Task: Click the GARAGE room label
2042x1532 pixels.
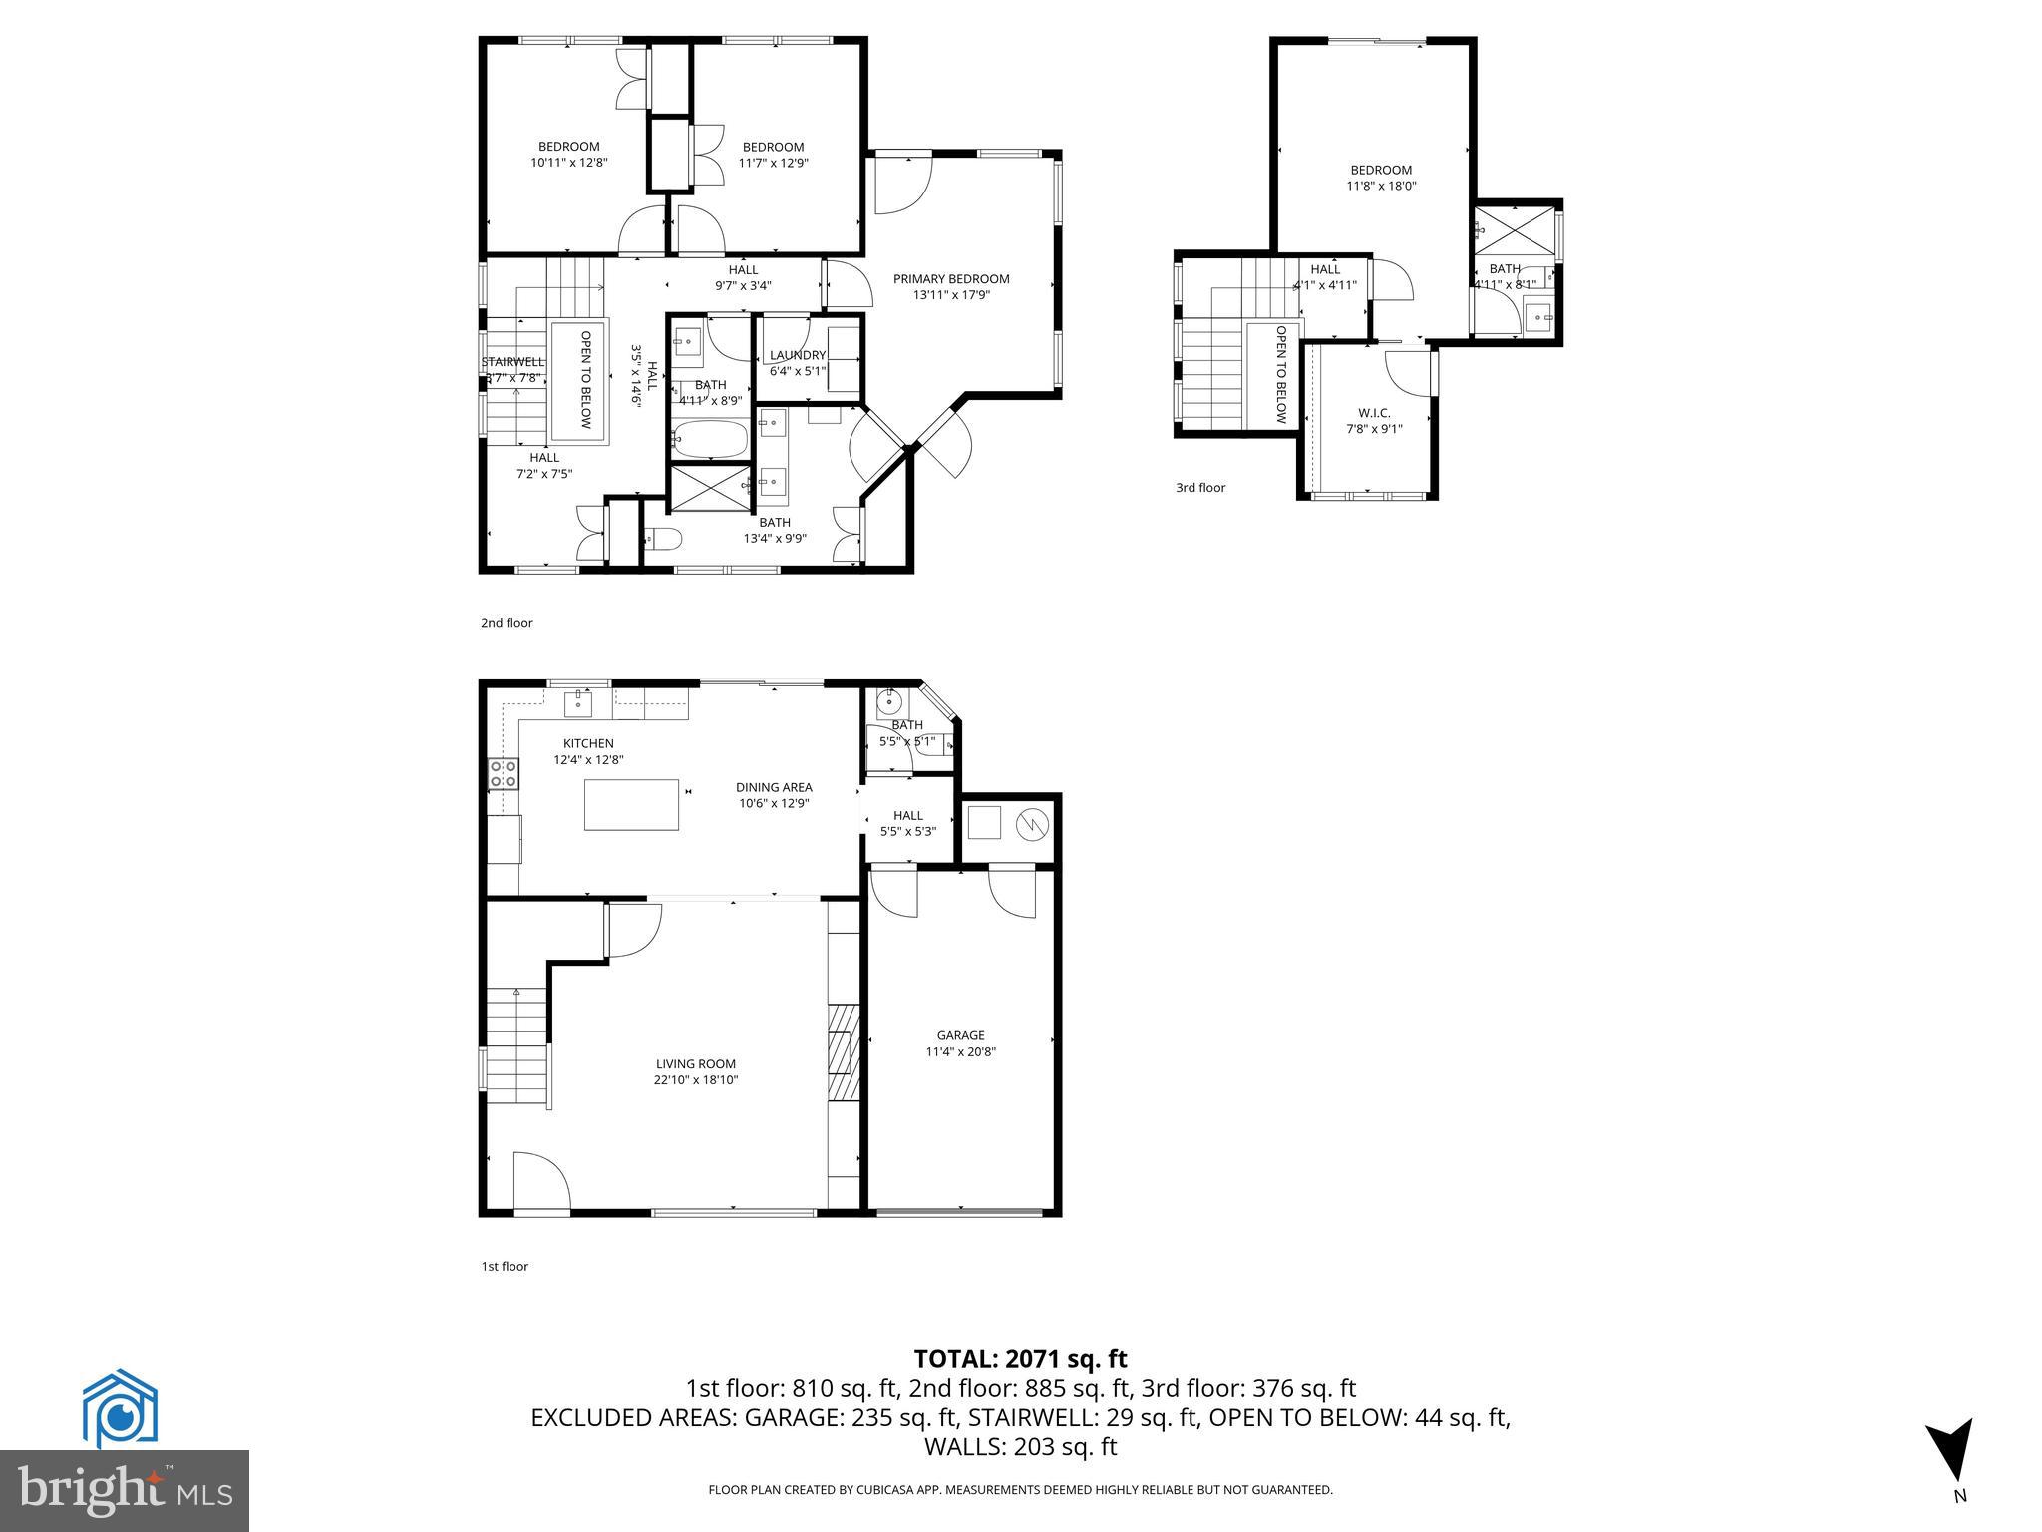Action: tap(960, 1035)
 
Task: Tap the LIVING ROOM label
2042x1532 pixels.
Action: tap(695, 1064)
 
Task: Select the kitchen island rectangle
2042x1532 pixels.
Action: tap(631, 804)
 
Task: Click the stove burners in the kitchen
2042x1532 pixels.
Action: tap(503, 774)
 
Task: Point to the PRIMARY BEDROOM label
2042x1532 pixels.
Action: tap(950, 279)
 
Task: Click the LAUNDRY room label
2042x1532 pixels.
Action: tap(798, 355)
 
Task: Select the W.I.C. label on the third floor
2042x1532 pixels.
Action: tap(1373, 413)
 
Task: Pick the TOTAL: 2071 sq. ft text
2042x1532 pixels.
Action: tap(1020, 1358)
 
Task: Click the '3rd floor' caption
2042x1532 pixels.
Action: tap(1199, 488)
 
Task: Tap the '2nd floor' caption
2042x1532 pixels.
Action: tap(507, 623)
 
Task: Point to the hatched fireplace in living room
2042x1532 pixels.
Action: tap(844, 1051)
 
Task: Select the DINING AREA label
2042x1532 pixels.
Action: tap(774, 787)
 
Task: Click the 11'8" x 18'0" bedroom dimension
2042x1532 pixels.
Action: tap(1381, 186)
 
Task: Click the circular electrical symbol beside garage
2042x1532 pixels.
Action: tap(1031, 824)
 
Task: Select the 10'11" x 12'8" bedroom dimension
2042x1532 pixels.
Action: tap(568, 162)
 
